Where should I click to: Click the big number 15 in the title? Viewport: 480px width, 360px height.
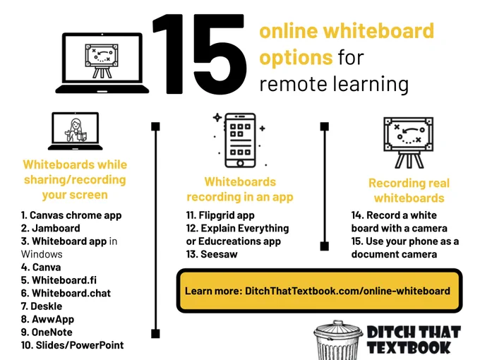click(200, 54)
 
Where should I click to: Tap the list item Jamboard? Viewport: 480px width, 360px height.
click(51, 229)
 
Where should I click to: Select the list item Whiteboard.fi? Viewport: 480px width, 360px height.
click(59, 280)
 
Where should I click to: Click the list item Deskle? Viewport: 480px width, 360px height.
click(42, 306)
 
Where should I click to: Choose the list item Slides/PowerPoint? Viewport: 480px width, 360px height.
click(73, 345)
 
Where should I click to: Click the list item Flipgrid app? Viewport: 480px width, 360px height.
click(220, 215)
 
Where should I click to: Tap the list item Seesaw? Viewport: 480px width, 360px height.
click(212, 254)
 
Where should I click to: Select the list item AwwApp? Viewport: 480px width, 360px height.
click(48, 319)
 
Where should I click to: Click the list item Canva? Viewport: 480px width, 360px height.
click(41, 268)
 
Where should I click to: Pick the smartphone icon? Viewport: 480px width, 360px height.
click(240, 140)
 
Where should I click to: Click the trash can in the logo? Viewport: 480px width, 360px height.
click(337, 340)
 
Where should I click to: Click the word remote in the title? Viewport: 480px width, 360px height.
click(293, 84)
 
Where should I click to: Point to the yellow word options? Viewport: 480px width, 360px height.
click(296, 58)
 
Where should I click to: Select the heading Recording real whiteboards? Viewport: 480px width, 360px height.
click(409, 191)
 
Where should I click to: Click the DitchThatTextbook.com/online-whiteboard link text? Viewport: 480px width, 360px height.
click(347, 291)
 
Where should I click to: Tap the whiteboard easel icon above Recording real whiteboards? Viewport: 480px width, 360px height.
click(409, 143)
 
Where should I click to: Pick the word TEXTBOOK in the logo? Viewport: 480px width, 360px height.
click(409, 347)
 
